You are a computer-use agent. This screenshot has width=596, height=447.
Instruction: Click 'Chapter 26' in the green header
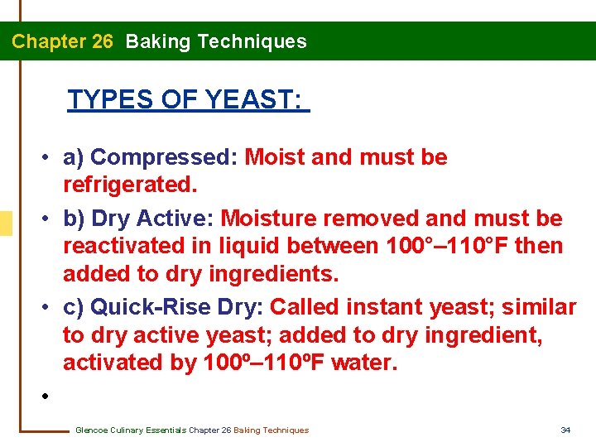(62, 41)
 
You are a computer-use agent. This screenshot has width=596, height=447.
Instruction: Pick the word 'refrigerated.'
(131, 185)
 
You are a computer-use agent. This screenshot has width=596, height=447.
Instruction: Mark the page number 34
(566, 430)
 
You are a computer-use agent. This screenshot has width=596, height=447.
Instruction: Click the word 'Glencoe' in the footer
(91, 430)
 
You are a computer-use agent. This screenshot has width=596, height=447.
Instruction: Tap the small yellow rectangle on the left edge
(6, 223)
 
